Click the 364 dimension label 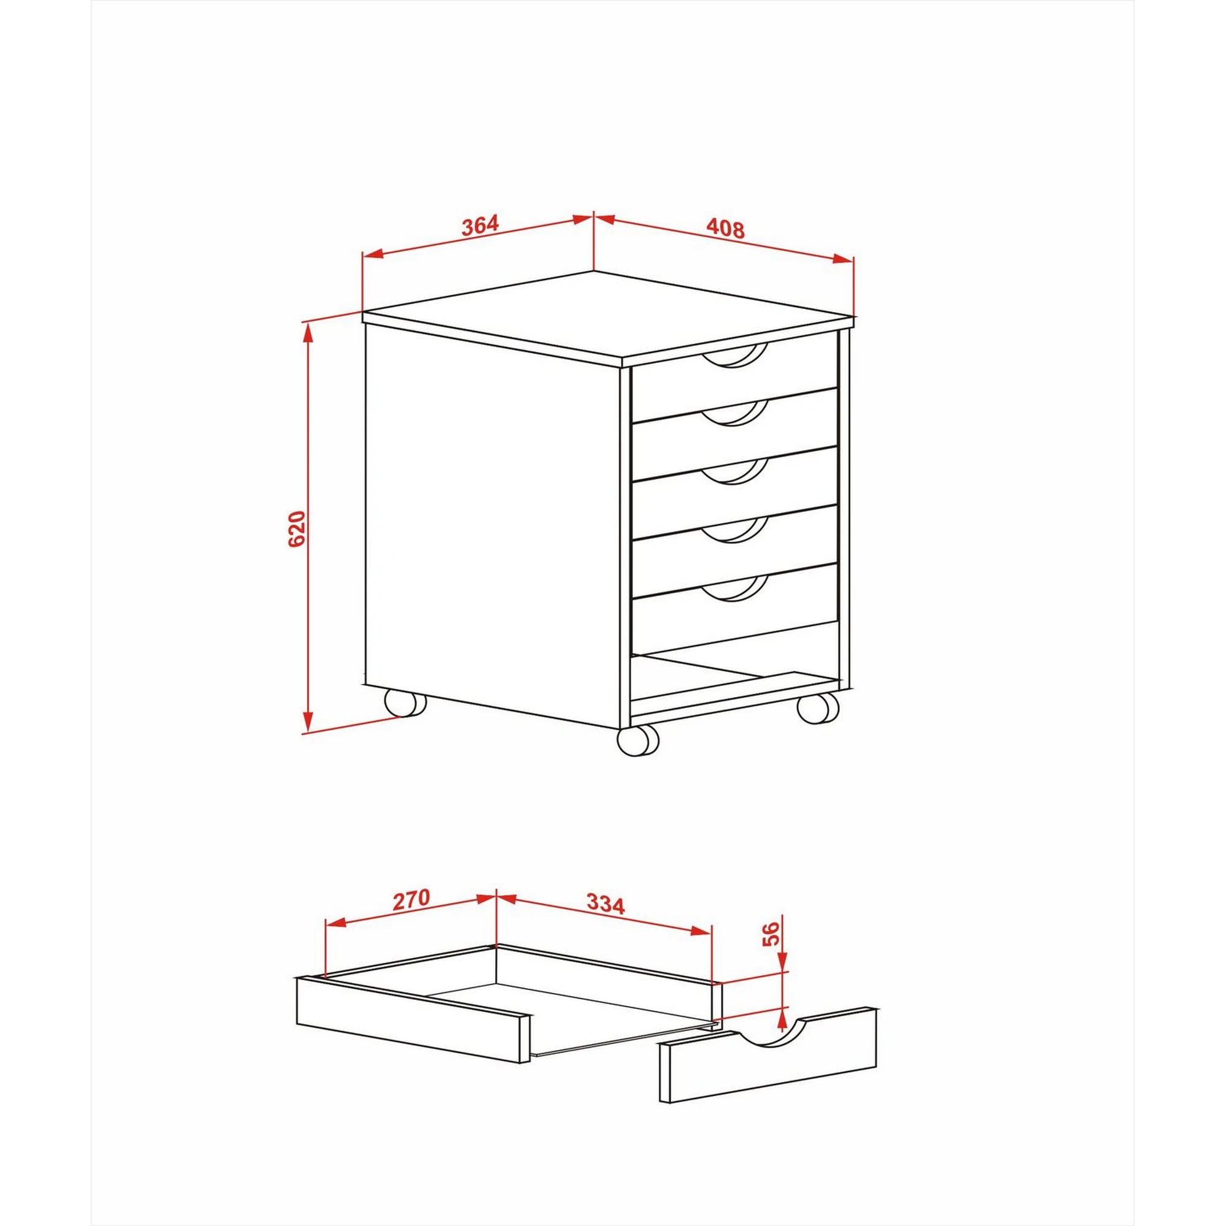481,226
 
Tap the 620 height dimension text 296,528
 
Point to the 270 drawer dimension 411,899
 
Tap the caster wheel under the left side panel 405,704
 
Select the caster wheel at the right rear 818,707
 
